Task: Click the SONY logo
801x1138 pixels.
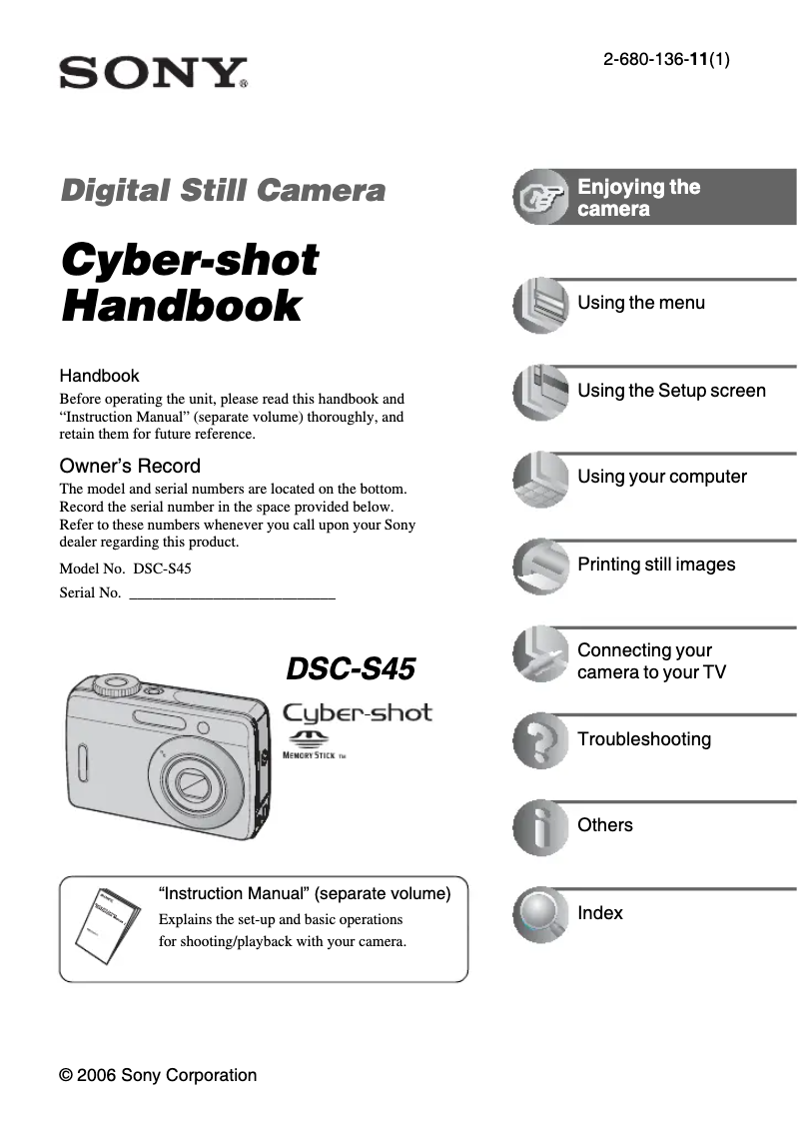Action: coord(153,73)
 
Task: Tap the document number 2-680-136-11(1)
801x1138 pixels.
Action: coord(665,59)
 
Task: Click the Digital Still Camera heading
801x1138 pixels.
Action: coord(223,190)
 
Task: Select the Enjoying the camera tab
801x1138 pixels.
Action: coord(639,198)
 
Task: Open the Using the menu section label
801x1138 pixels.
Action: coord(641,303)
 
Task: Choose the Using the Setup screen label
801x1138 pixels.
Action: coord(671,391)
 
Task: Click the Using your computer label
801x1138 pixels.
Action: coord(662,477)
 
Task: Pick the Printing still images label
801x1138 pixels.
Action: coord(656,565)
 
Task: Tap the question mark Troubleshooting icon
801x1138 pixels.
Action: coord(540,740)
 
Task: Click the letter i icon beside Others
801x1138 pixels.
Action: coord(540,827)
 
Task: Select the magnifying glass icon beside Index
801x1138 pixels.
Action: coord(540,914)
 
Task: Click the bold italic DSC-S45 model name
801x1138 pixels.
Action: coord(351,669)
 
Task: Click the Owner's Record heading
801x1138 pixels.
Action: coord(130,466)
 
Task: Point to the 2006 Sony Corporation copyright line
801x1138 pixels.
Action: coord(158,1075)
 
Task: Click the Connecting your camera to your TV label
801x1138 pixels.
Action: coord(651,661)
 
